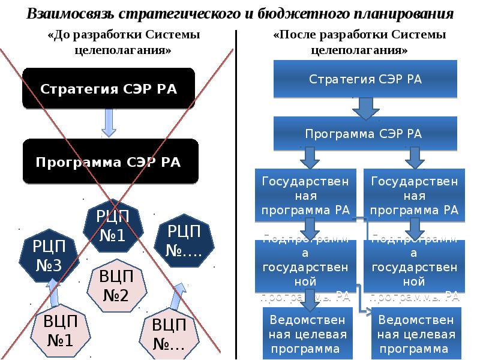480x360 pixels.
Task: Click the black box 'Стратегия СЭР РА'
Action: (x=109, y=89)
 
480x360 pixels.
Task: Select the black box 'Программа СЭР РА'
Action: (x=109, y=161)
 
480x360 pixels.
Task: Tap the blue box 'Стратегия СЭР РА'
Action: (x=365, y=79)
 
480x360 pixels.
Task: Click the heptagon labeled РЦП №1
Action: (x=112, y=227)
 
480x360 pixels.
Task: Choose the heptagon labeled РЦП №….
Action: (x=183, y=240)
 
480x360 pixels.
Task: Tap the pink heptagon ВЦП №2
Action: (x=115, y=287)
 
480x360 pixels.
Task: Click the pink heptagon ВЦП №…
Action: (x=169, y=335)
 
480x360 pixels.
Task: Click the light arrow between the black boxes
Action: (x=109, y=122)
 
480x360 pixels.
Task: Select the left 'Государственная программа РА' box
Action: (x=305, y=195)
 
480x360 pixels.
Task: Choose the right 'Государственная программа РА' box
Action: (x=414, y=195)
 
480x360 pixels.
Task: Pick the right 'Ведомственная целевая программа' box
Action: (x=415, y=333)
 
